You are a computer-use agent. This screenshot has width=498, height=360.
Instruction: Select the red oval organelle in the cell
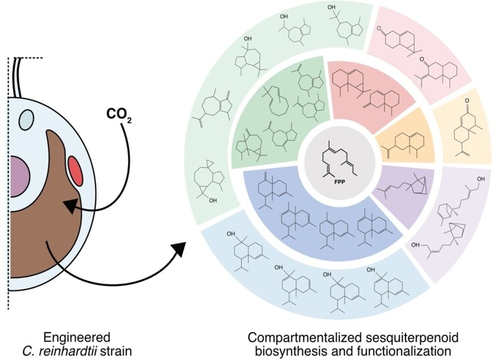pyautogui.click(x=76, y=170)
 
